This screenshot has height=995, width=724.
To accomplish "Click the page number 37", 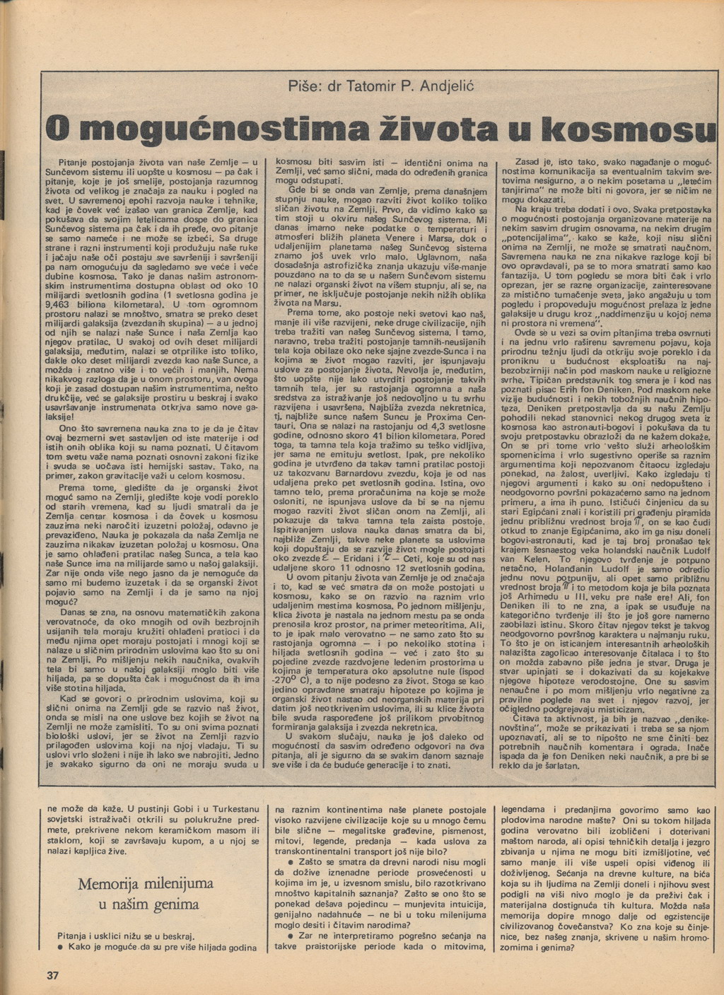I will tap(52, 976).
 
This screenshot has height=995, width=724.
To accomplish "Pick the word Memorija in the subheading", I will tap(111, 884).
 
